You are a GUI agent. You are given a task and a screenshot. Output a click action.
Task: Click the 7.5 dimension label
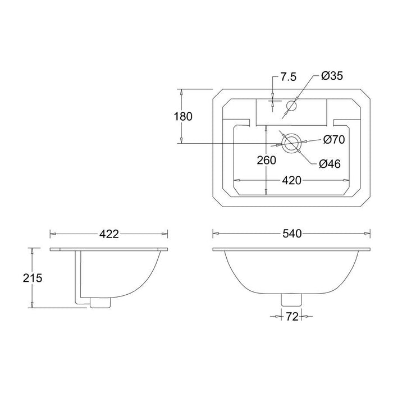[288, 77]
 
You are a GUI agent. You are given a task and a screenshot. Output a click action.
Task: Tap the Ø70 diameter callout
[333, 139]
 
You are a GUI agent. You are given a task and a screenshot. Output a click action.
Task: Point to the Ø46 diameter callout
[331, 163]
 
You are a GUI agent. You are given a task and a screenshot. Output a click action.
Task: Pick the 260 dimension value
[267, 160]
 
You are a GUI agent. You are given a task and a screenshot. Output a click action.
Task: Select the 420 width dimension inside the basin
[292, 180]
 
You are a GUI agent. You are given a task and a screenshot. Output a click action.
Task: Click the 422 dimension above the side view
[109, 234]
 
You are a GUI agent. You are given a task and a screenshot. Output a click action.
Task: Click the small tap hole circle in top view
[292, 105]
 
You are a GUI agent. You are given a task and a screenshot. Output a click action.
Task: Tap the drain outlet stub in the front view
[291, 300]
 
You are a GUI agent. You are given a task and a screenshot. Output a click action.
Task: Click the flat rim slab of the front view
[291, 249]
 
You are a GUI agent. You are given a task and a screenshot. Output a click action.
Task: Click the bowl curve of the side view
[143, 281]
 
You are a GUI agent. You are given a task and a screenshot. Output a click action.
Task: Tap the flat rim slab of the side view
[109, 249]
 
